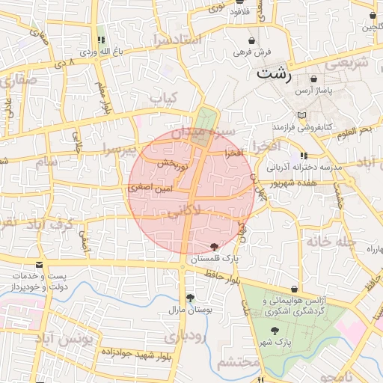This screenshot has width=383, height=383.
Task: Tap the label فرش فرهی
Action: click(x=252, y=52)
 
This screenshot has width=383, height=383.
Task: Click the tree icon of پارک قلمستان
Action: click(x=215, y=247)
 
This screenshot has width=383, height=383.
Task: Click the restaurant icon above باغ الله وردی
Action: click(x=101, y=40)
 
